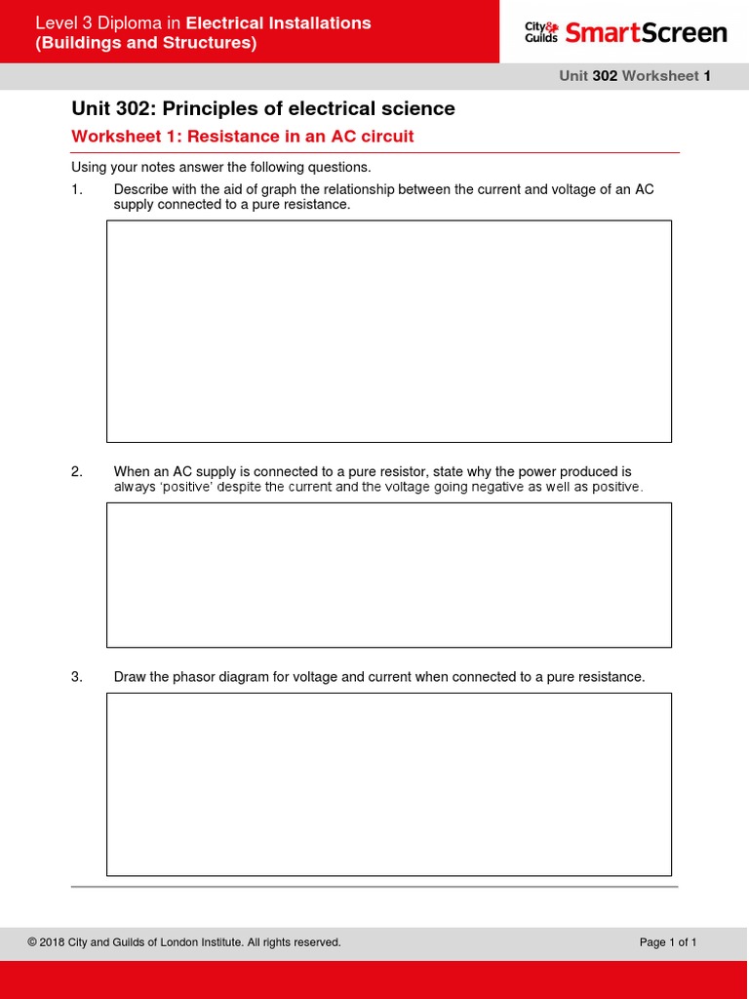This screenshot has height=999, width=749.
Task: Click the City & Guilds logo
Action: tap(541, 32)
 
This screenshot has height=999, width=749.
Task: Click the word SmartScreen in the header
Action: tap(646, 32)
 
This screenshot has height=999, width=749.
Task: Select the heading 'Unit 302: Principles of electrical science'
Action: tap(263, 108)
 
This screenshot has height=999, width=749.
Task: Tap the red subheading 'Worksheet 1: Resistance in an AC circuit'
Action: tap(243, 137)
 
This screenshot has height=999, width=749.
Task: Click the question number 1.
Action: tap(77, 189)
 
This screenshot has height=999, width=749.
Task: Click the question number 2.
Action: tap(77, 472)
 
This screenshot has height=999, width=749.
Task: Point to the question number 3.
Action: tap(77, 677)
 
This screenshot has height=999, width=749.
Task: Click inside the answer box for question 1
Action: tap(388, 331)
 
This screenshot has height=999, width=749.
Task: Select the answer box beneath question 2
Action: tap(388, 575)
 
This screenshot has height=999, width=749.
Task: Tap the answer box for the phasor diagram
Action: tap(388, 784)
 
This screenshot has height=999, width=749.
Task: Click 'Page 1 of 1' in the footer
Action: tap(668, 942)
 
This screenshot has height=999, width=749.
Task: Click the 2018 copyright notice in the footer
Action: tap(184, 942)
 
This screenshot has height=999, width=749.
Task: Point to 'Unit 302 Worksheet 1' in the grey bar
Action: tap(634, 76)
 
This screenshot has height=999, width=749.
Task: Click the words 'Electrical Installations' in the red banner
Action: tap(278, 22)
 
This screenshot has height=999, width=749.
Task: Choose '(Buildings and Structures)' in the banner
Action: tap(146, 44)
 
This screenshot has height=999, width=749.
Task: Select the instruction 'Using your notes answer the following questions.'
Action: tap(221, 168)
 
